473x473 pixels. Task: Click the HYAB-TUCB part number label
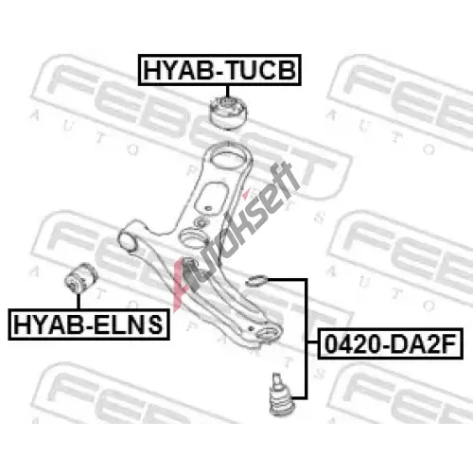(x=219, y=70)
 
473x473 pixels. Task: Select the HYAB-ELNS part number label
(x=89, y=324)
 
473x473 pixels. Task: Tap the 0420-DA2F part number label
(x=391, y=343)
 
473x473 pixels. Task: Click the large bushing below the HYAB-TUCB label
(x=228, y=113)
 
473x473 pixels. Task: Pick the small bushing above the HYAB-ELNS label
(x=81, y=278)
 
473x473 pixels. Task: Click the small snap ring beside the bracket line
(x=257, y=281)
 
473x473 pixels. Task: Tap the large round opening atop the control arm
(x=228, y=157)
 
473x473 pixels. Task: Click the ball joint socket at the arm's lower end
(x=268, y=333)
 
